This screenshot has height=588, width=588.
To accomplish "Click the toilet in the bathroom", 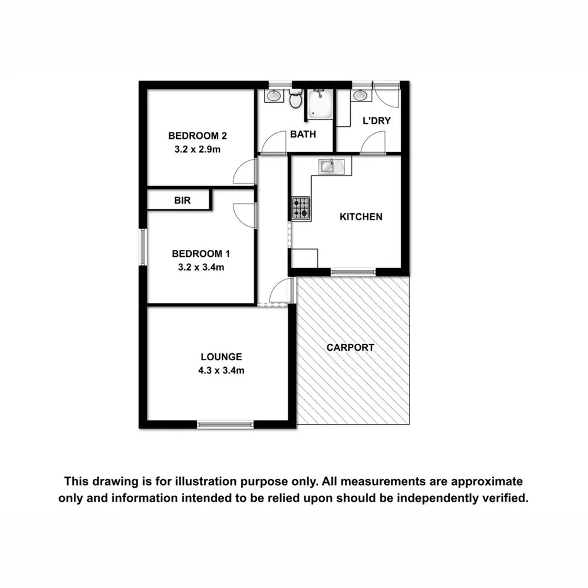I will click(295, 100).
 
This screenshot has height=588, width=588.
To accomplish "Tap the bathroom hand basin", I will click(274, 96).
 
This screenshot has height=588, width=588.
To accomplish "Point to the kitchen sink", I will click(331, 167).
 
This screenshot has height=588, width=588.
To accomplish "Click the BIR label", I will click(182, 201).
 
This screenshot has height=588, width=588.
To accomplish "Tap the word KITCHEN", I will click(361, 217).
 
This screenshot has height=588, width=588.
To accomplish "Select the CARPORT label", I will click(350, 348).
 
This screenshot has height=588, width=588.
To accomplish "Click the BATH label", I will click(303, 134).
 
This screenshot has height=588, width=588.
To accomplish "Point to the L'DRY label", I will click(372, 121).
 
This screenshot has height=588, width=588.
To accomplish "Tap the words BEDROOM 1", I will click(201, 254).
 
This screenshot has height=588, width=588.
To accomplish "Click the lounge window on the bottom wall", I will click(226, 425).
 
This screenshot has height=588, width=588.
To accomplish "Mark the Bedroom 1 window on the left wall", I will click(143, 247).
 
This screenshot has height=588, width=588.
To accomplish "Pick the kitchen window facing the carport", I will click(353, 273).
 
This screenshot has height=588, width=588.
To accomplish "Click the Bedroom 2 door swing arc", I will click(245, 172).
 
